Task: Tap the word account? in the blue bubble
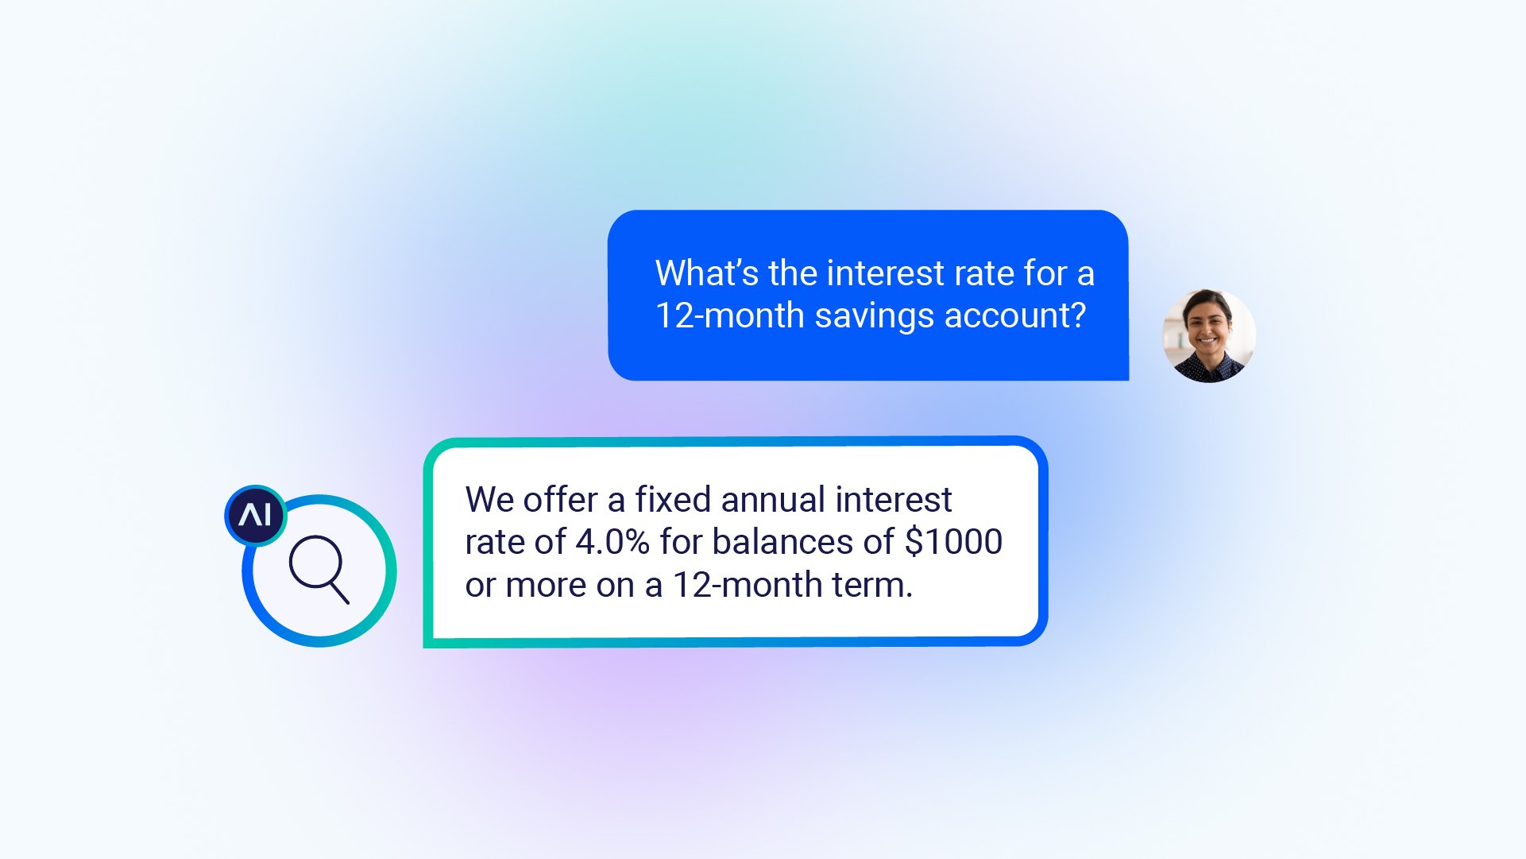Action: coord(1015,315)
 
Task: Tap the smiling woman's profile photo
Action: coord(1208,335)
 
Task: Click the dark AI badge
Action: coord(256,516)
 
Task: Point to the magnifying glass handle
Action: coord(339,593)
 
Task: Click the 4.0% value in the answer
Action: coord(612,542)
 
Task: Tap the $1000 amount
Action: coord(953,542)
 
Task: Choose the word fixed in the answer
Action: coord(672,500)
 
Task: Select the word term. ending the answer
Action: coord(872,586)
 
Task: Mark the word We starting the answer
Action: coord(489,500)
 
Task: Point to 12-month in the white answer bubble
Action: coord(748,585)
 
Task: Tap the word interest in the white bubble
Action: coord(894,500)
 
